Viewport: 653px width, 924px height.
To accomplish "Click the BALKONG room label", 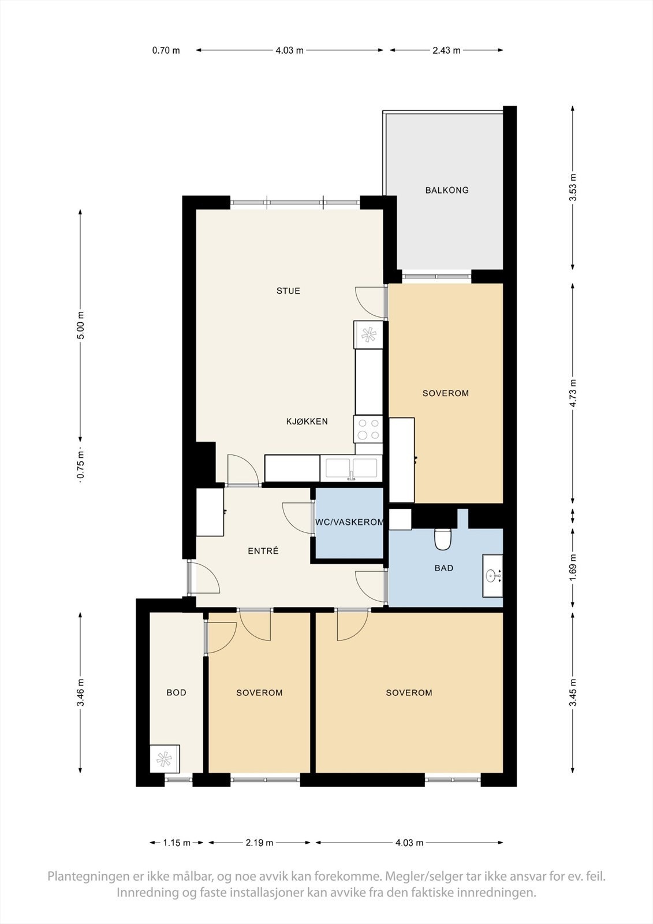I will pos(447,190).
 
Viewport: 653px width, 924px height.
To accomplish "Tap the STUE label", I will pos(288,291).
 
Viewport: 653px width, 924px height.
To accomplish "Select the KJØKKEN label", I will pos(307,422).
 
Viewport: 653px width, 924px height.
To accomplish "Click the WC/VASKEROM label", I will pos(349,522).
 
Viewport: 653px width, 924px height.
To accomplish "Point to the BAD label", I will pos(443,568).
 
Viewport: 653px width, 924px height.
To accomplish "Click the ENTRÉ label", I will pos(263,552).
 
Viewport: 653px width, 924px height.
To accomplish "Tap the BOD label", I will pos(176,692).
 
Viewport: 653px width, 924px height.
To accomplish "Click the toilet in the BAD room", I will pos(443,539).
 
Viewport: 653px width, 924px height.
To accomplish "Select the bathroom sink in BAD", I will pos(492,576).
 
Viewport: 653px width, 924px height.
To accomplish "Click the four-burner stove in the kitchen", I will pos(368,429).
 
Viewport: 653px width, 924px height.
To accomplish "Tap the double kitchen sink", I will pos(351,468).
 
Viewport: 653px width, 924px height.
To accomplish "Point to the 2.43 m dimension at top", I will pos(446,50).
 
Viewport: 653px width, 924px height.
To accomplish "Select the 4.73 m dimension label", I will pos(573,393).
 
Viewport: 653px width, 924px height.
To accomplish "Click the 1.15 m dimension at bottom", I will pos(177,843).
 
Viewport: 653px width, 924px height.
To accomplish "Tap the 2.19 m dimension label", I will pos(259,843).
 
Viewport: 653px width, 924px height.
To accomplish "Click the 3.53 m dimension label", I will pos(573,188).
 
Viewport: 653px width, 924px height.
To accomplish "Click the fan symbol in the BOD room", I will pos(165,759).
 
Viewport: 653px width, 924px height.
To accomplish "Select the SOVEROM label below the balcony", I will pos(445,393).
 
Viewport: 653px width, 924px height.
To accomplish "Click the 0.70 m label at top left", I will pos(166,50).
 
